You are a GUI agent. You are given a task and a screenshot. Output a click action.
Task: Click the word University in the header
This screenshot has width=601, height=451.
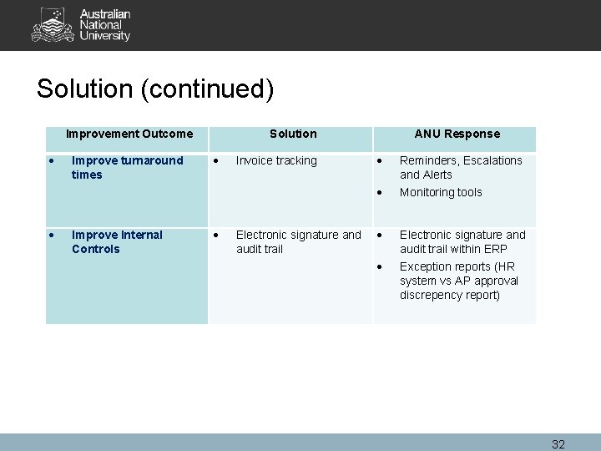pyautogui.click(x=105, y=37)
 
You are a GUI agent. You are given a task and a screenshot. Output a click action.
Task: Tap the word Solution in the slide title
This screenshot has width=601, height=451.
pyautogui.click(x=85, y=89)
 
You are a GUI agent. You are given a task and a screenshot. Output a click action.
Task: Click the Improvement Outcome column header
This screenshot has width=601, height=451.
pyautogui.click(x=129, y=134)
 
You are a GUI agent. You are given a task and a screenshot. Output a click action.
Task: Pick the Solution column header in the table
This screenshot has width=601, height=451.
pyautogui.click(x=293, y=134)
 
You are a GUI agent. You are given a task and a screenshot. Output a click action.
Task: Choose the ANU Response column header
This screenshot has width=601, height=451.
pyautogui.click(x=457, y=134)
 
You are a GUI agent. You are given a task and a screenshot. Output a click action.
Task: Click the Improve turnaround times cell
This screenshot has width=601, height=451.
pyautogui.click(x=127, y=167)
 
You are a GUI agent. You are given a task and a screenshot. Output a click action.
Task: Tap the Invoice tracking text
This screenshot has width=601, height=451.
pyautogui.click(x=276, y=160)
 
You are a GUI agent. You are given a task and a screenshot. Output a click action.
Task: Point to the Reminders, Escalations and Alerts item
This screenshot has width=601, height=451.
pyautogui.click(x=460, y=167)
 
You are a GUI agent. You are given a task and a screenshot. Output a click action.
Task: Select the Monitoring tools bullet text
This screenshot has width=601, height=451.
pyautogui.click(x=441, y=192)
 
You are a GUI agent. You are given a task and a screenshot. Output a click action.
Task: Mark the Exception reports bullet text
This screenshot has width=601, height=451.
pyautogui.click(x=458, y=281)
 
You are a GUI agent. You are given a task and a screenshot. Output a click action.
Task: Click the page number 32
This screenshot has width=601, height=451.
pyautogui.click(x=558, y=444)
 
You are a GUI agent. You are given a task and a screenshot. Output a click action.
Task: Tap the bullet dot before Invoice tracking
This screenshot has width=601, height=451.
pyautogui.click(x=216, y=160)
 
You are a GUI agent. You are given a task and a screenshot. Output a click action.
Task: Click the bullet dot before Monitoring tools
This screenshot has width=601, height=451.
pyautogui.click(x=380, y=192)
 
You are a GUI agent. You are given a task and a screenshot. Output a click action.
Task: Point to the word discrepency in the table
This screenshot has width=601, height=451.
pyautogui.click(x=433, y=295)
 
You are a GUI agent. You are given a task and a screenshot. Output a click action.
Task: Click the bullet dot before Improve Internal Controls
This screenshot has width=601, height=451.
pyautogui.click(x=53, y=235)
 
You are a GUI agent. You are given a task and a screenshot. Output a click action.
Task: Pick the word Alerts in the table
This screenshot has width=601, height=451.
pyautogui.click(x=437, y=175)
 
